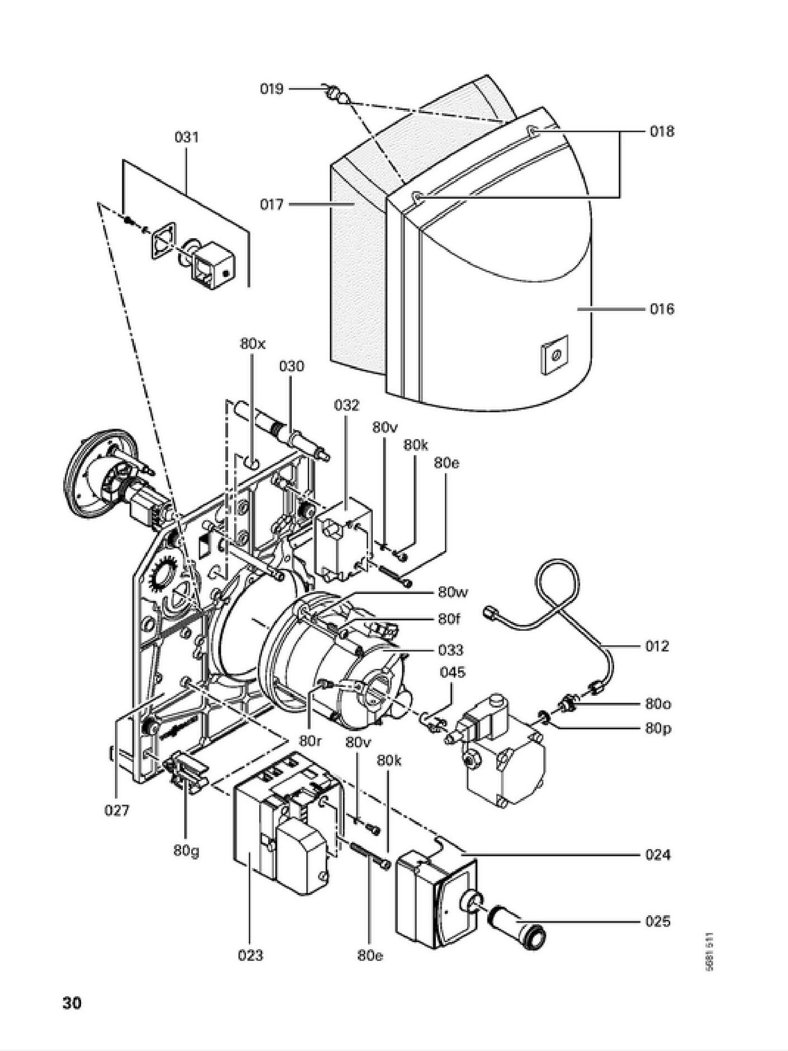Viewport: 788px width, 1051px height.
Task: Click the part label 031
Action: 187,137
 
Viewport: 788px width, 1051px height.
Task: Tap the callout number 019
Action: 272,89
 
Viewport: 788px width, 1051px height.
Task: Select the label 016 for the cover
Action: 662,309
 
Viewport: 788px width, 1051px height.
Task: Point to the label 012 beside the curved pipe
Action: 657,646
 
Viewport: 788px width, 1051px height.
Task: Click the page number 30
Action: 72,1003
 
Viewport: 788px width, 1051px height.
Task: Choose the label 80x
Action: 253,343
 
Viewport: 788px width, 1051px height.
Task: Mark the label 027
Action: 117,810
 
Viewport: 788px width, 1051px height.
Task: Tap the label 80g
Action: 186,851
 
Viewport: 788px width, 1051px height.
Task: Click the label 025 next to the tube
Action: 657,921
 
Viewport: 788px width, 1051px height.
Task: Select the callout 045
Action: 452,672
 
